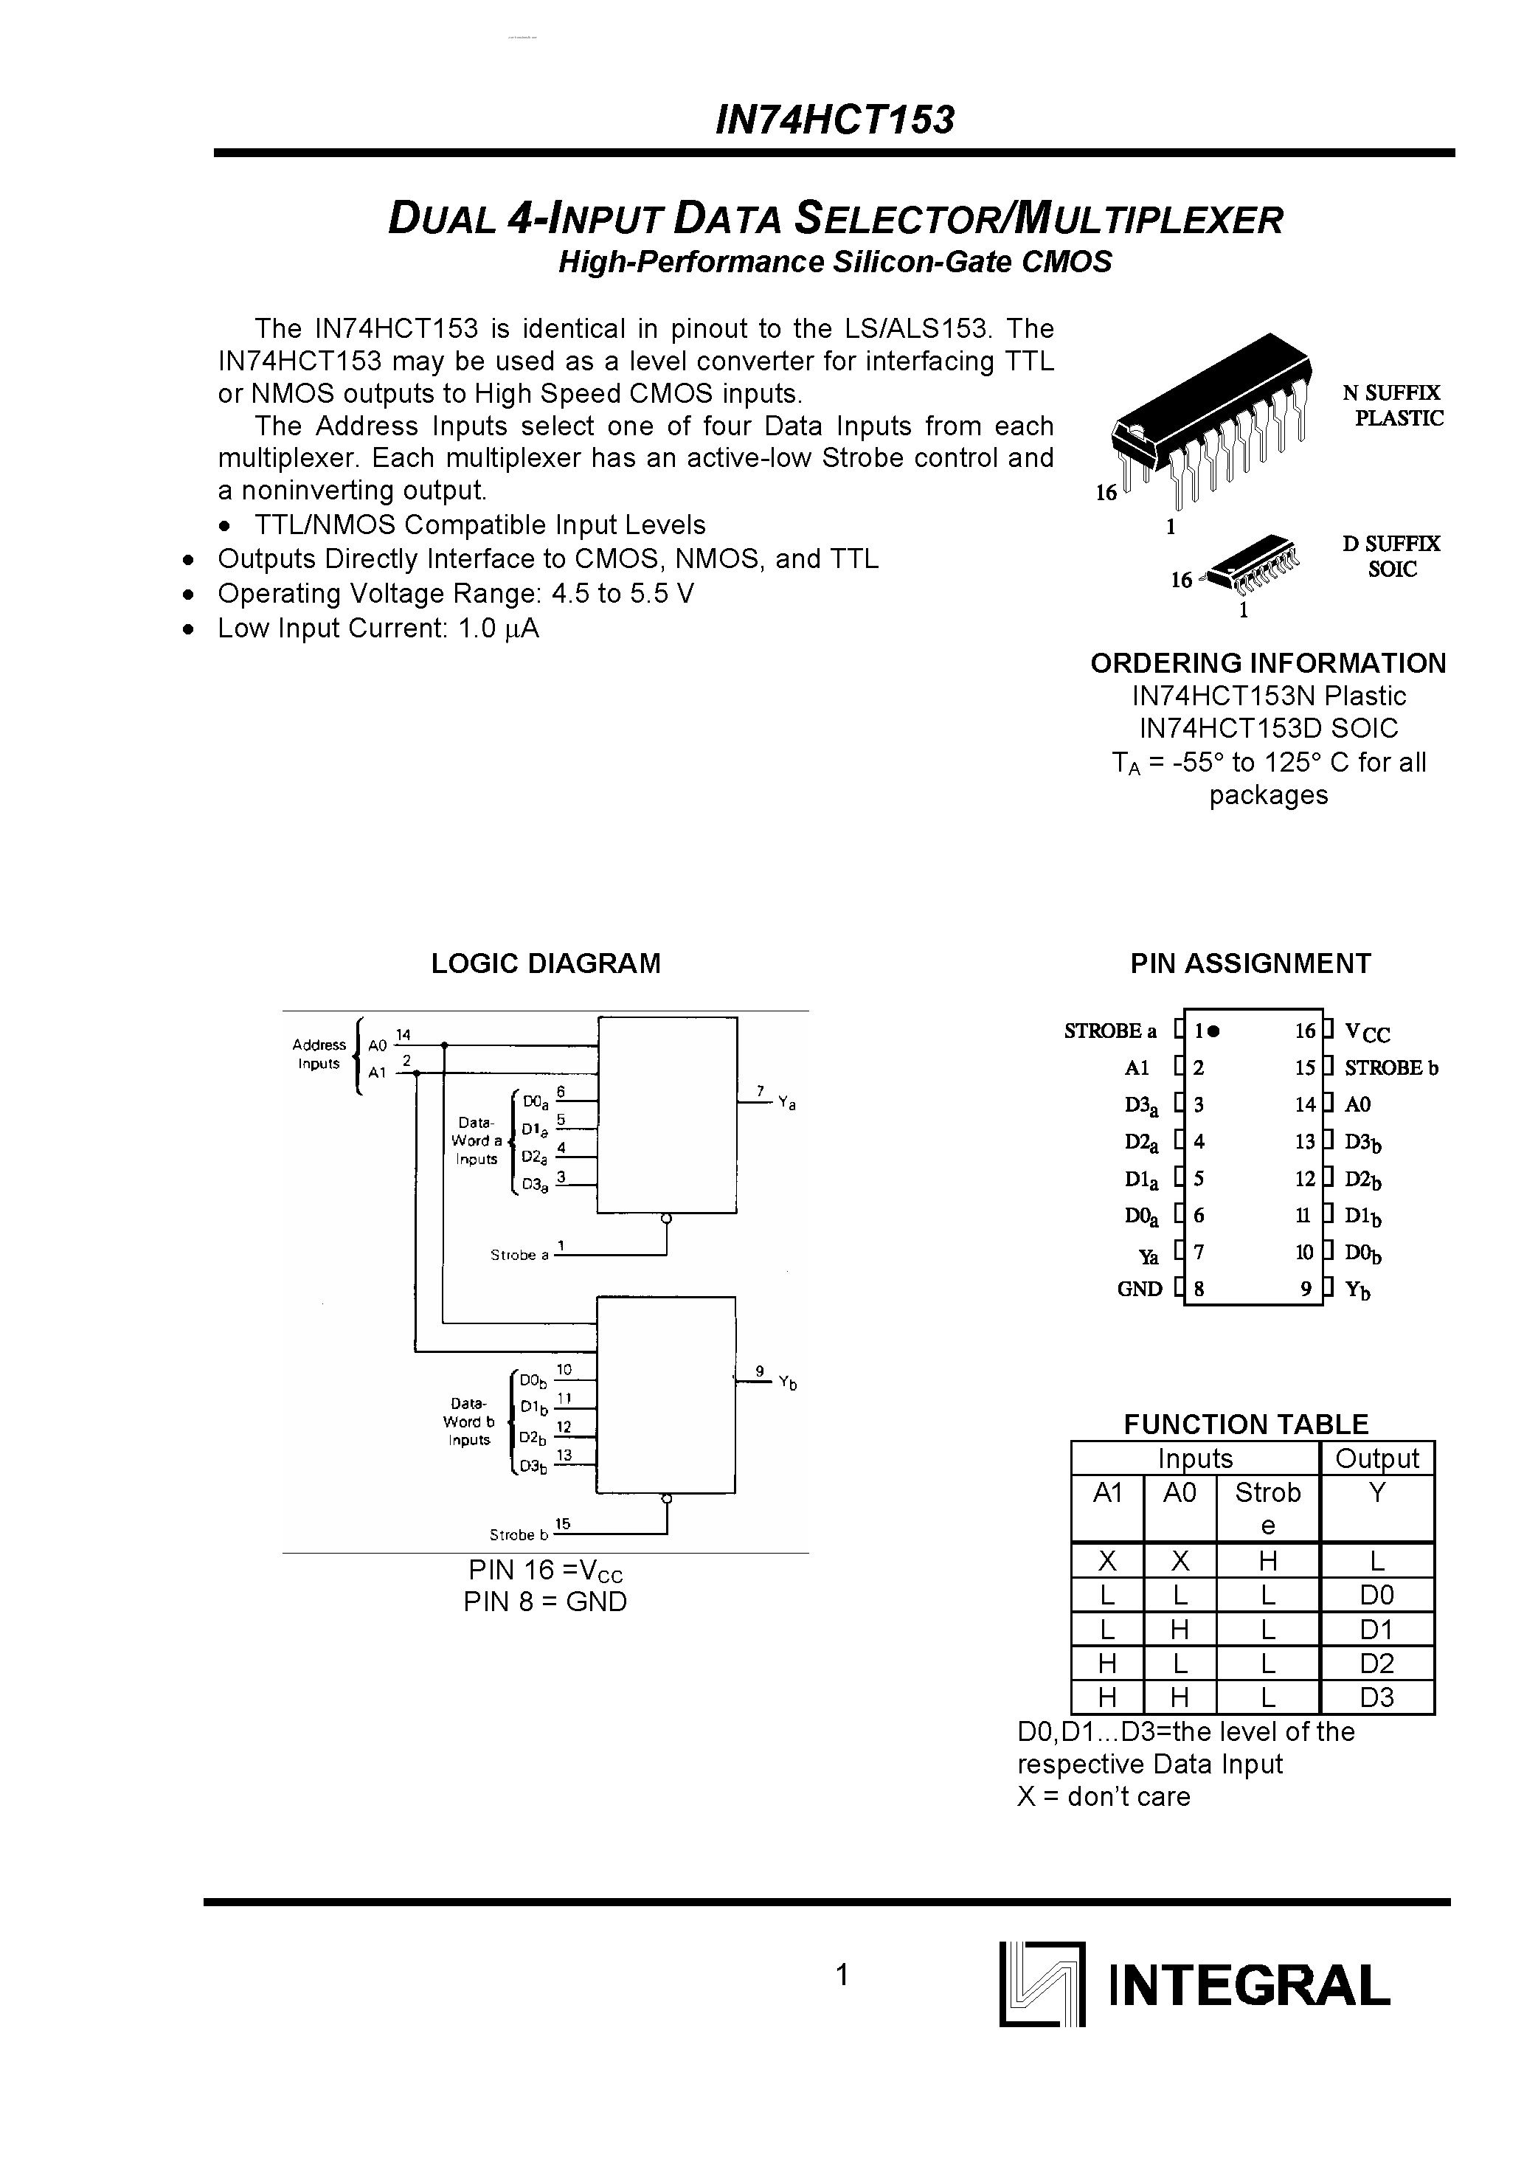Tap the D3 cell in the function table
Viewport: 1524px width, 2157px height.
pos(1376,1697)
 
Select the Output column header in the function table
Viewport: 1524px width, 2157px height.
pos(1376,1458)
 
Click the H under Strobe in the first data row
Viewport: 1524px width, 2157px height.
pos(1267,1562)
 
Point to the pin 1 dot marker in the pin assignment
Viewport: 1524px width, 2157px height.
pos(1214,1031)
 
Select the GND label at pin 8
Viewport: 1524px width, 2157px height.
pos(1140,1289)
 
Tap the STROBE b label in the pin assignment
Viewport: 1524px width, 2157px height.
pos(1390,1068)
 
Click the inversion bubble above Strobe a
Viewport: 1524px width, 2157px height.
pos(666,1219)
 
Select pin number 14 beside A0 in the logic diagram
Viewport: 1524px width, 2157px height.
pos(403,1034)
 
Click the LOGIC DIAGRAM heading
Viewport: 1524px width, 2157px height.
pos(545,963)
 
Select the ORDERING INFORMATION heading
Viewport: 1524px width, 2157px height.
pos(1267,663)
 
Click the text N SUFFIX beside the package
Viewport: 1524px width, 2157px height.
pos(1390,392)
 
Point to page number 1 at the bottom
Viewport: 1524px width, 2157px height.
pos(843,1975)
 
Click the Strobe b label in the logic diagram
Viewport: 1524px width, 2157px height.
pos(518,1535)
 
